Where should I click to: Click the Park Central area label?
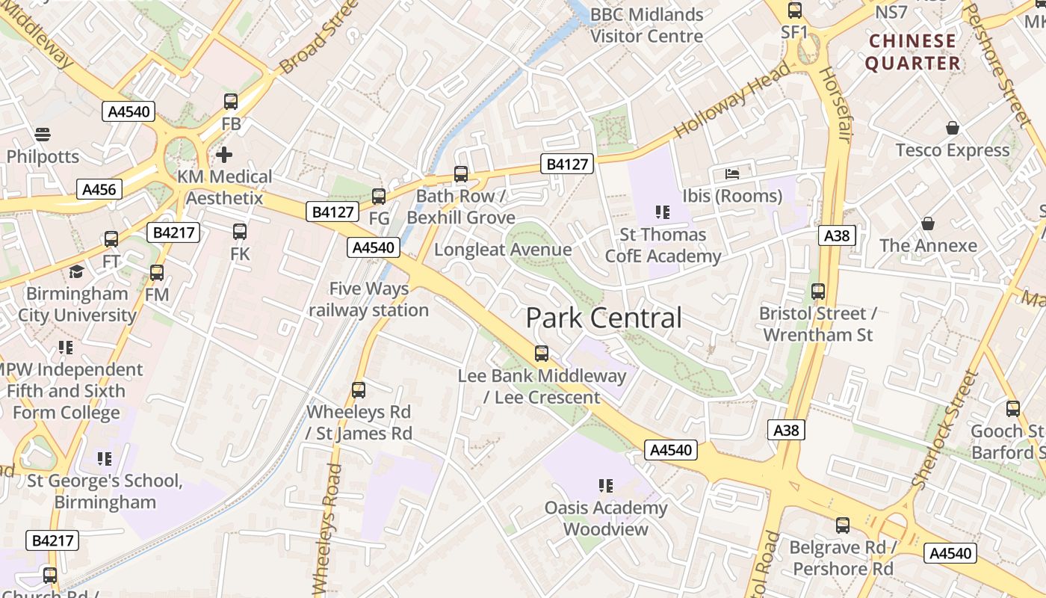(x=604, y=318)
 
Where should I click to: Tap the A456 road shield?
(x=99, y=189)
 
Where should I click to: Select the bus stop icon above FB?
(x=231, y=102)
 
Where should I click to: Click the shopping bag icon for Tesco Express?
(x=952, y=129)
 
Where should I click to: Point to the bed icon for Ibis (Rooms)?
(x=732, y=174)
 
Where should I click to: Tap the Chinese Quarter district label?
(x=913, y=52)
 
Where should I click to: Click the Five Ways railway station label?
(x=369, y=299)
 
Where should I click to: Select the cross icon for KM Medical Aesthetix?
(x=224, y=155)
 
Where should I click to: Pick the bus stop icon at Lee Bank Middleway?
(x=542, y=353)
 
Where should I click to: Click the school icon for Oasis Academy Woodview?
(x=605, y=486)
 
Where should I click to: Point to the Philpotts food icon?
(x=43, y=135)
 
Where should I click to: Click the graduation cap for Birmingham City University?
(x=76, y=271)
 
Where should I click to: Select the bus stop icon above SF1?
(x=795, y=10)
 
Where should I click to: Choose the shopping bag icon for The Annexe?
(x=928, y=224)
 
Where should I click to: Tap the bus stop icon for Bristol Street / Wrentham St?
(x=818, y=292)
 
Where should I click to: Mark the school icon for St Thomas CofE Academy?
(x=661, y=212)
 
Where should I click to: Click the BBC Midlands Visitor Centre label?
(x=647, y=25)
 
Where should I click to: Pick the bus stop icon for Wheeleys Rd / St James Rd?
(x=359, y=389)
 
